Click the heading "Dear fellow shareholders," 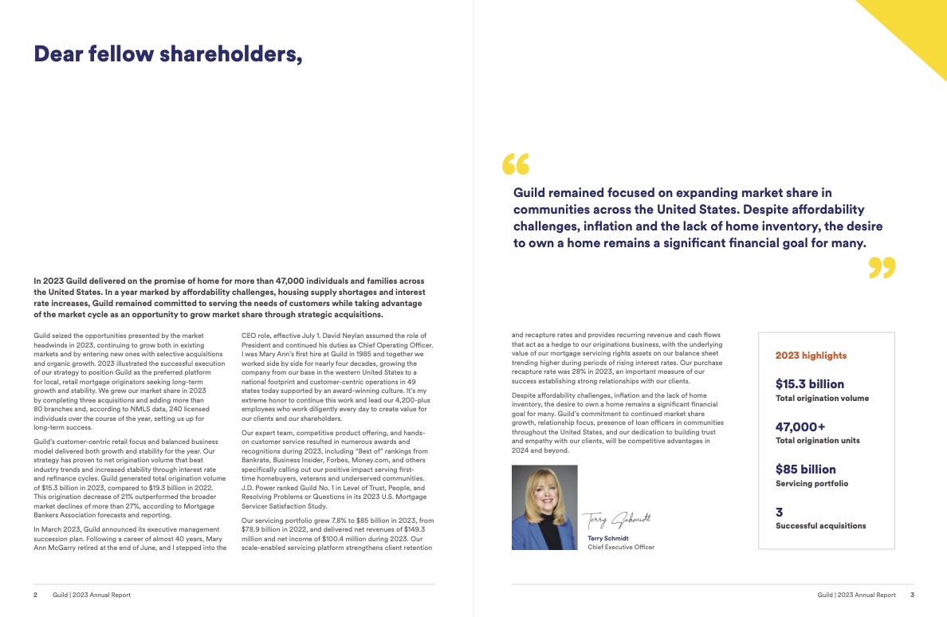pos(167,54)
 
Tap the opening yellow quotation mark pos(516,164)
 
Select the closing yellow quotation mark pos(882,268)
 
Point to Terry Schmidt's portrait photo pos(544,508)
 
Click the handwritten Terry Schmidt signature pos(616,520)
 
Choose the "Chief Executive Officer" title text pos(621,548)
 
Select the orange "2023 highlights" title pos(811,356)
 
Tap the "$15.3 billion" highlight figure pos(810,384)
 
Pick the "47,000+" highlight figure pos(800,426)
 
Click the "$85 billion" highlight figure pos(806,470)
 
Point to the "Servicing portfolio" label pos(811,484)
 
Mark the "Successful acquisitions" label pos(820,526)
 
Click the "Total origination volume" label pos(822,399)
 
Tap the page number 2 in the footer pos(35,595)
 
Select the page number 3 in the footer pos(912,595)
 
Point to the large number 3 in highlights pos(780,513)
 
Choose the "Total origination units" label pos(818,441)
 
